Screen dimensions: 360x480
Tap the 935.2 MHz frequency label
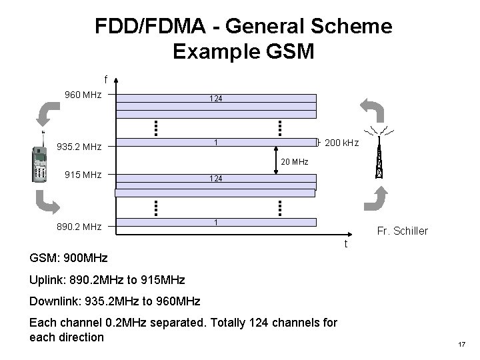tap(79, 147)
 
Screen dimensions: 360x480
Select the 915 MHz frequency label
tap(83, 175)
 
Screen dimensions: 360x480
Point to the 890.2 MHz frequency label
tap(79, 227)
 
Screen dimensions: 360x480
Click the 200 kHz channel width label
tap(341, 143)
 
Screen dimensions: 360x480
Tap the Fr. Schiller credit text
tap(403, 231)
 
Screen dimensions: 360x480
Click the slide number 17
tap(461, 344)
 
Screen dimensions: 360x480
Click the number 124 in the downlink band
tap(215, 99)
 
